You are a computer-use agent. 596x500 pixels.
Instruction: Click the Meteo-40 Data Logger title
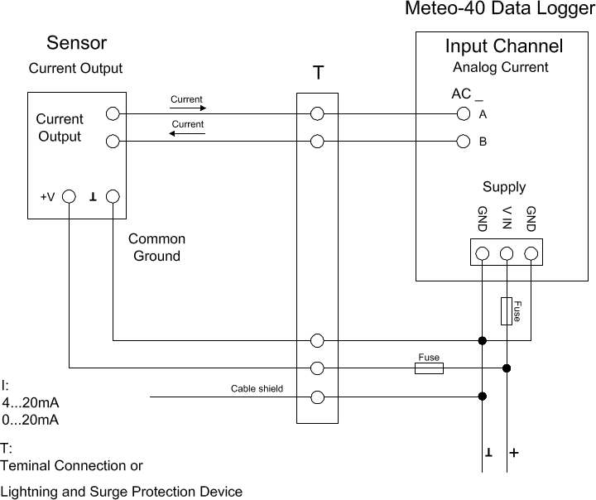point(499,10)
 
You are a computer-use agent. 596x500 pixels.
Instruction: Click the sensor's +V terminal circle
point(69,197)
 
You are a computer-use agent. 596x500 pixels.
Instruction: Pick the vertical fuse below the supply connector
point(507,310)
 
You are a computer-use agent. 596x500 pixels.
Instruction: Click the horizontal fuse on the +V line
point(428,368)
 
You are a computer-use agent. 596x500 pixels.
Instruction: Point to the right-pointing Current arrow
point(186,108)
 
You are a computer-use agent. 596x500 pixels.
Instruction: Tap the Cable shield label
point(257,388)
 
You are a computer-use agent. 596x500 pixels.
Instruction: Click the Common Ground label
point(156,248)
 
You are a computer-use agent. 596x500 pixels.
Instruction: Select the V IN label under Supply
point(507,219)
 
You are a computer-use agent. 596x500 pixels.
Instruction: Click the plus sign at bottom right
point(514,454)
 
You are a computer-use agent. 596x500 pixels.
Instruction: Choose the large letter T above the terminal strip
point(317,74)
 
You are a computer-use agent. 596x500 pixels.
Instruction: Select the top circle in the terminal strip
point(316,114)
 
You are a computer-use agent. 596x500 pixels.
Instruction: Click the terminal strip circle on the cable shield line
point(316,397)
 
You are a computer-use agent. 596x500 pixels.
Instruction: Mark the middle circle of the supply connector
point(507,253)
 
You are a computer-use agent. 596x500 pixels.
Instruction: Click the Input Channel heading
point(503,46)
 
